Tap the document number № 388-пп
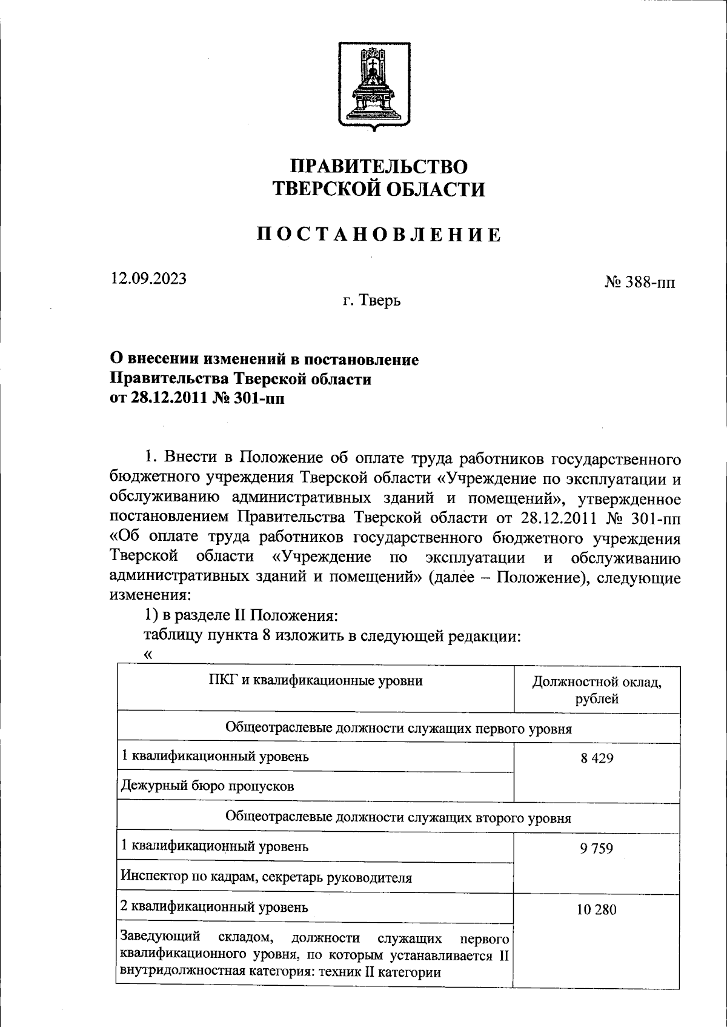(x=639, y=282)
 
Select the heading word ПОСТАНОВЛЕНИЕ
(x=379, y=235)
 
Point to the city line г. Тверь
(x=371, y=300)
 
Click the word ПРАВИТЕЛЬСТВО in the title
(x=379, y=166)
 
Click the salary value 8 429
(x=596, y=758)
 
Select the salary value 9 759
(x=596, y=848)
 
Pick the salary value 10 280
(x=596, y=909)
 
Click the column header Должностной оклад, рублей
(x=596, y=690)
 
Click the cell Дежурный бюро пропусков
(x=208, y=786)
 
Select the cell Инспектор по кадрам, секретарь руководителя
(x=267, y=877)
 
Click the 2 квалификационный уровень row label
(x=215, y=907)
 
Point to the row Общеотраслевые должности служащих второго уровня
(x=398, y=817)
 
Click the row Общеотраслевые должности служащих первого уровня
(x=398, y=728)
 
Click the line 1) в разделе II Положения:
(x=240, y=615)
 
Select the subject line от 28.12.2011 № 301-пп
(x=196, y=399)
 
